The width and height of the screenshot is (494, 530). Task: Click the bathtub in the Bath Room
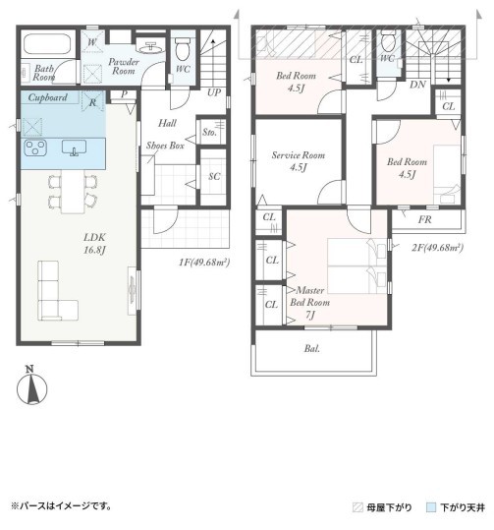(x=47, y=44)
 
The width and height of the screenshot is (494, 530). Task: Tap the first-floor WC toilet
(x=183, y=48)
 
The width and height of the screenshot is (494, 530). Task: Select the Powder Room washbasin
(x=151, y=47)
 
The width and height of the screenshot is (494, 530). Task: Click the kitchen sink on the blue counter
(x=74, y=147)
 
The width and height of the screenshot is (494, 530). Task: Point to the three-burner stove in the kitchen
(x=35, y=148)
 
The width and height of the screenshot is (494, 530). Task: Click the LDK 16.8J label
(x=94, y=244)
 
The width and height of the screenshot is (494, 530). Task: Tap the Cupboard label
(x=47, y=97)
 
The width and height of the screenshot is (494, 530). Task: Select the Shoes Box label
(x=165, y=146)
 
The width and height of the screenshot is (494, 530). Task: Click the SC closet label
(x=214, y=176)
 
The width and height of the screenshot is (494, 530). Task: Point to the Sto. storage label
(x=209, y=132)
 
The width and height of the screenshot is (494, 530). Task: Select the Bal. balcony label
(x=311, y=348)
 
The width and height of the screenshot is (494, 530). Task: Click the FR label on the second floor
(x=425, y=219)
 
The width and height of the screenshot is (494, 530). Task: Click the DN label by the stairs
(x=417, y=85)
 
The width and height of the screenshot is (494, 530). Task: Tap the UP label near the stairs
(x=214, y=92)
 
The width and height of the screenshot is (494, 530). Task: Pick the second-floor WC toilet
(x=388, y=41)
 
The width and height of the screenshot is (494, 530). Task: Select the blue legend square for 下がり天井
(x=431, y=507)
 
